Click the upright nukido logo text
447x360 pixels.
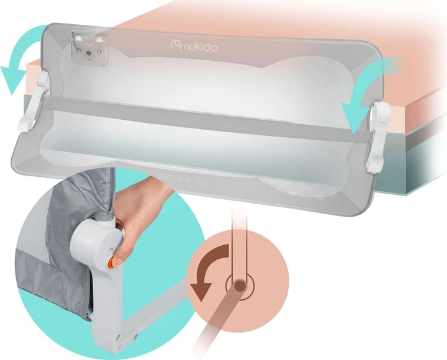[x=194, y=47]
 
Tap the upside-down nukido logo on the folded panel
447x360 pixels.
[x=183, y=179]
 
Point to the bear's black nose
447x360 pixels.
[x=89, y=53]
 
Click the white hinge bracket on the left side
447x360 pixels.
[x=34, y=102]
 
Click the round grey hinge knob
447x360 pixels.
[x=94, y=240]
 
